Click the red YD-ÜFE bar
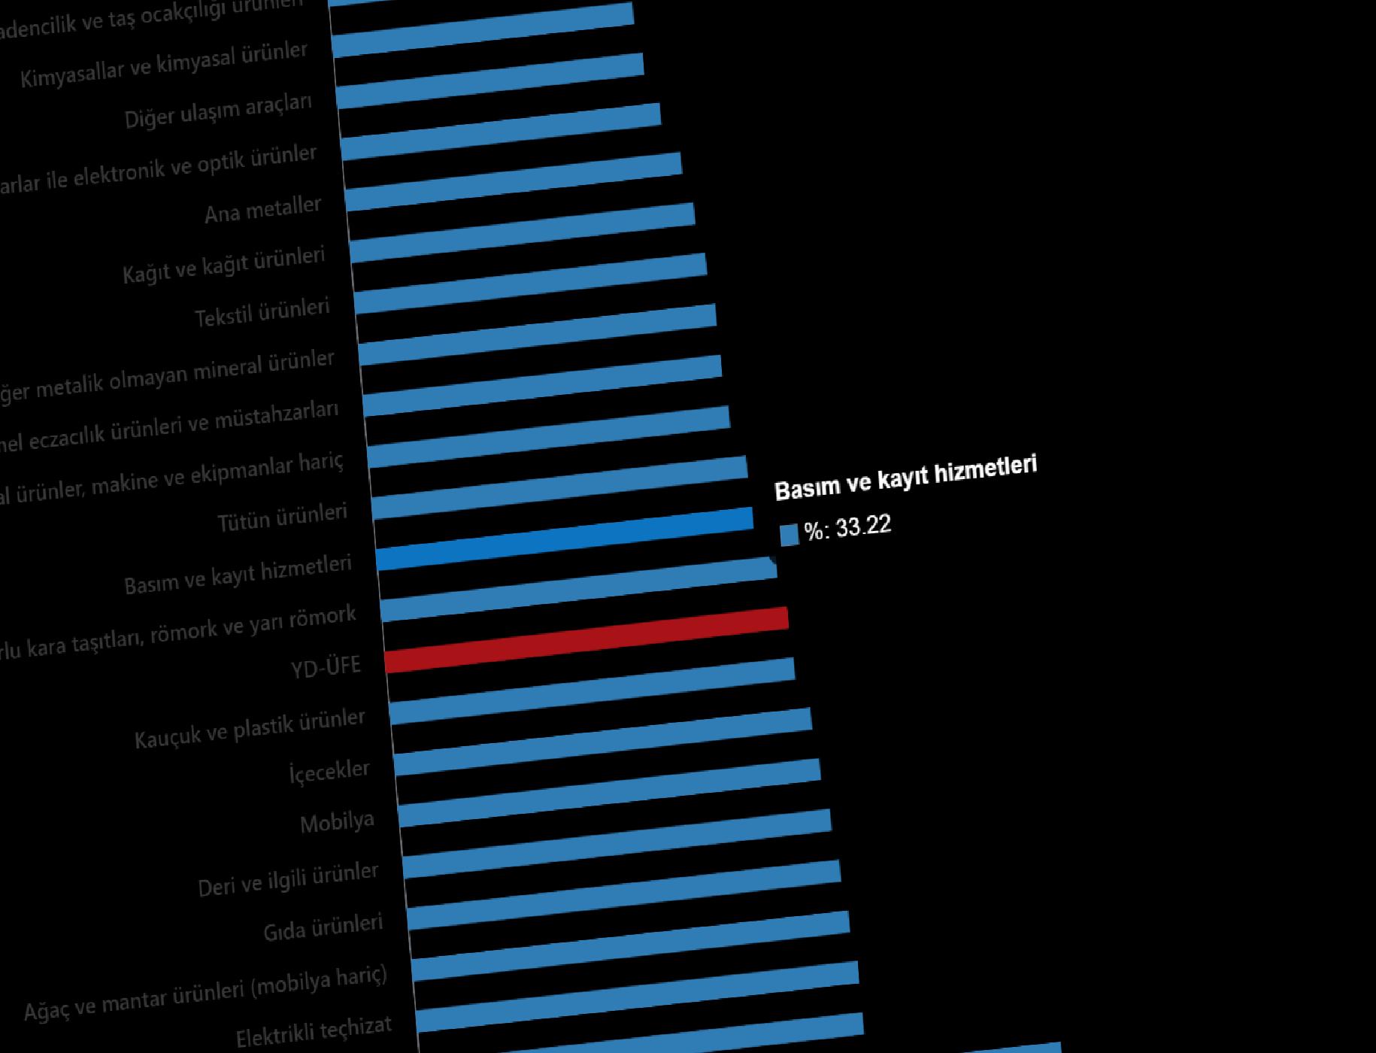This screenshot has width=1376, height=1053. click(586, 639)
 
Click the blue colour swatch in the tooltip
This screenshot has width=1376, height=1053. click(789, 535)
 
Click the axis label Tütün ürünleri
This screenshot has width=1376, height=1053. click(282, 518)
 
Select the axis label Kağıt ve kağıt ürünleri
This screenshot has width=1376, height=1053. click(223, 266)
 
